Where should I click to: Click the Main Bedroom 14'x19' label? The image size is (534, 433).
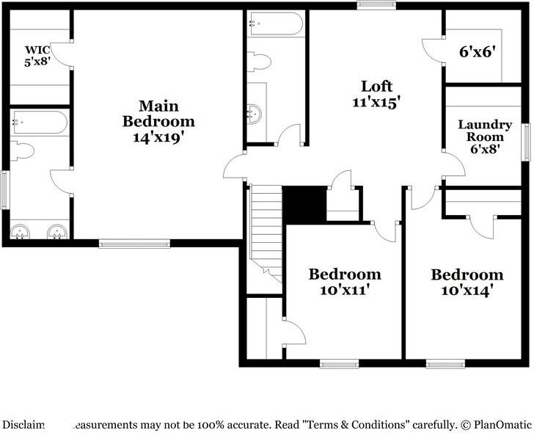click(x=158, y=120)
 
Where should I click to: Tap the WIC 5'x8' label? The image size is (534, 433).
click(x=37, y=56)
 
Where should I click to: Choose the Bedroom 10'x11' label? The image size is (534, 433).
click(x=344, y=281)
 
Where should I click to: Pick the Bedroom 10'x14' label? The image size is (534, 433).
click(x=467, y=282)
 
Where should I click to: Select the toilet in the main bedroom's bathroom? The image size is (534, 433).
click(x=24, y=151)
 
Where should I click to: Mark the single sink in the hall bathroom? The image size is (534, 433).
click(x=255, y=113)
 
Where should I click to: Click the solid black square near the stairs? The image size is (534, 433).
click(x=304, y=204)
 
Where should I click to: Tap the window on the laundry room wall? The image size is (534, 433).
click(x=526, y=142)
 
